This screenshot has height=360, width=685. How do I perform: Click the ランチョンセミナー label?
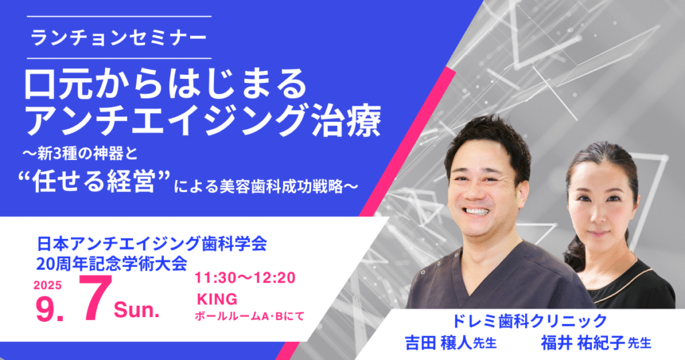[x=119, y=37]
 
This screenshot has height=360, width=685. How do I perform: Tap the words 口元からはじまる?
[x=166, y=84]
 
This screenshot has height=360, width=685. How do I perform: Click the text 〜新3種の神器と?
[x=81, y=154]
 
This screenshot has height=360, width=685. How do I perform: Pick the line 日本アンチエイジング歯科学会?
[x=152, y=244]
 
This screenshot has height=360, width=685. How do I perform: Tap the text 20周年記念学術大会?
[x=112, y=264]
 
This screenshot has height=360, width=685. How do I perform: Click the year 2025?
[x=47, y=285]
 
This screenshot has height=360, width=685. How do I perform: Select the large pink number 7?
[x=94, y=300]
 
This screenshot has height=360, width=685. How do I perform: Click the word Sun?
[x=136, y=310]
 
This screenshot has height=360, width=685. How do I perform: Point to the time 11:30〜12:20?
[x=245, y=278]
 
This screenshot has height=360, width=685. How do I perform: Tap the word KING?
[x=217, y=299]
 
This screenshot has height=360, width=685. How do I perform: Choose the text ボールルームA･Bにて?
[x=250, y=316]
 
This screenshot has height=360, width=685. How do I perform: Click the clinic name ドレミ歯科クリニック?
[x=528, y=321]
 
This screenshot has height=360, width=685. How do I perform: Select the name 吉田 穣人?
[x=439, y=343]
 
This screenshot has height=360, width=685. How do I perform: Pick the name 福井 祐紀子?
[x=583, y=343]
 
